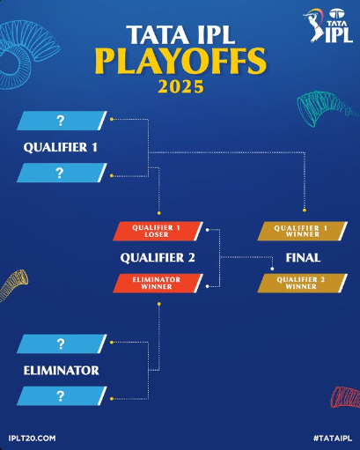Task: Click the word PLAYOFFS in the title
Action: click(180, 62)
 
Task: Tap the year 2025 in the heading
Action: click(180, 88)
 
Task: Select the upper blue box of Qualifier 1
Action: click(61, 121)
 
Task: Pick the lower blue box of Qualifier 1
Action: click(61, 173)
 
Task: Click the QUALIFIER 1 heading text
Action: click(60, 147)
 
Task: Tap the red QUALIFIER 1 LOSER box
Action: click(157, 232)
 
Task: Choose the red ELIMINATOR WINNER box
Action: click(157, 284)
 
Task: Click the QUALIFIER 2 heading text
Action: click(157, 258)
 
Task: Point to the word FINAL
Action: click(302, 258)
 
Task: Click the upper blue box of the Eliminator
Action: click(61, 343)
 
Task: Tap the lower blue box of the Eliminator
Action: click(61, 395)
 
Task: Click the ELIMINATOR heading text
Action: click(61, 370)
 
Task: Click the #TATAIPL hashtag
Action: click(332, 438)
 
